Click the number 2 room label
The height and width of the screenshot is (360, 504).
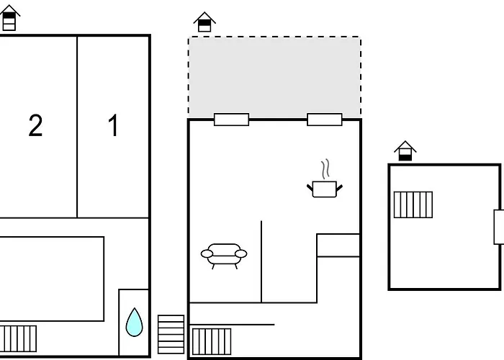[x=35, y=126]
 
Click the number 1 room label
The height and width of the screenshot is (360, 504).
[x=113, y=126]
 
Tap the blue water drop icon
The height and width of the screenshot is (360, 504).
[x=135, y=322]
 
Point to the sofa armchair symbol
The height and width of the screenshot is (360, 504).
[x=223, y=255]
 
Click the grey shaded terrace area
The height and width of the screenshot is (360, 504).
[x=274, y=76]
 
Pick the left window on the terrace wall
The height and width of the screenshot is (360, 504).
[x=231, y=120]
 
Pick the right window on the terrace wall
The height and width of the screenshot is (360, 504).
[x=325, y=120]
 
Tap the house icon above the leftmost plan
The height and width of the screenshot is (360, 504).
[x=9, y=17]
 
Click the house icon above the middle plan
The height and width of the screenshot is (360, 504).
[x=205, y=22]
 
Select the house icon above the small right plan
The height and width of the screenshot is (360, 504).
[x=405, y=150]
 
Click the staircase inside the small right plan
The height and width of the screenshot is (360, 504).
[x=413, y=204]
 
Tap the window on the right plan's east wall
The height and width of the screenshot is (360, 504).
[x=498, y=227]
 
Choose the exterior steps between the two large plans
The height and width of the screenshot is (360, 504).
[x=171, y=334]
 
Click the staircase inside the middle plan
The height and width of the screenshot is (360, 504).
[x=212, y=341]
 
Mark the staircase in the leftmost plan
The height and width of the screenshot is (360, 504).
[x=19, y=338]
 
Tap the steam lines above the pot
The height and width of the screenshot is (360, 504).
[x=325, y=170]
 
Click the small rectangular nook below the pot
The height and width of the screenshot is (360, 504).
[x=338, y=246]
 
